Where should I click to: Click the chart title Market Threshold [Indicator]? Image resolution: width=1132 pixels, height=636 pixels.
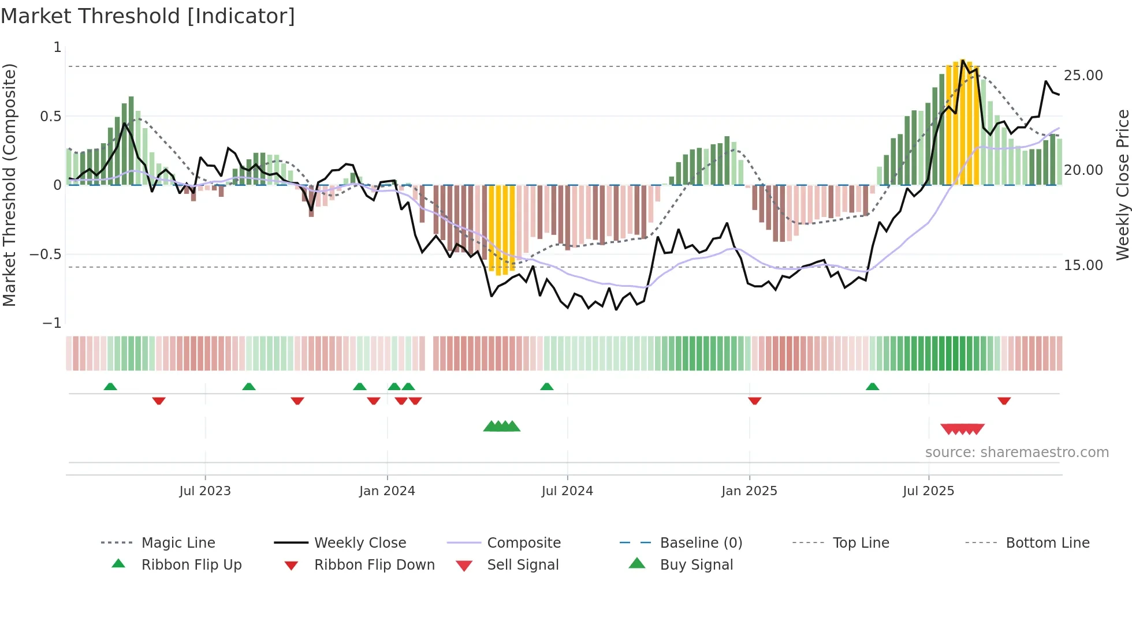click(x=148, y=16)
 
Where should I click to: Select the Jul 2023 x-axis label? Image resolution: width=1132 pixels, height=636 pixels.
click(x=204, y=491)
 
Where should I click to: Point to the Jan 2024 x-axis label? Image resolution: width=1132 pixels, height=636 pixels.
click(x=387, y=491)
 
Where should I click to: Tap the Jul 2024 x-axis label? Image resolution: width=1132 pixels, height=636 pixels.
click(x=567, y=491)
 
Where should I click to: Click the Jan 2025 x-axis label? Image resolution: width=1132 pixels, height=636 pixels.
click(x=749, y=491)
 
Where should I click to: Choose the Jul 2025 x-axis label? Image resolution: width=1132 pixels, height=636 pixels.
click(x=928, y=491)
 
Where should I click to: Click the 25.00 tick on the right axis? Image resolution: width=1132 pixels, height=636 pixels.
click(x=1083, y=76)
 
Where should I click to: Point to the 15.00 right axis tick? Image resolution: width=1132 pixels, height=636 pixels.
click(x=1083, y=265)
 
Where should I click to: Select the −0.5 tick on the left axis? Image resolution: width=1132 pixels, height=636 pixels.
click(x=46, y=255)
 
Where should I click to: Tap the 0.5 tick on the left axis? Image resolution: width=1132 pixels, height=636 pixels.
click(x=50, y=117)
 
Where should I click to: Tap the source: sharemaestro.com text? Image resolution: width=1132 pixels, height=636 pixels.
click(x=1016, y=452)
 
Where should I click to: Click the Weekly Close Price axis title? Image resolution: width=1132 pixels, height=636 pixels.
click(x=1122, y=185)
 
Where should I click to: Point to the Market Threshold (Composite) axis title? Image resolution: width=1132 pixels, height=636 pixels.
click(x=9, y=185)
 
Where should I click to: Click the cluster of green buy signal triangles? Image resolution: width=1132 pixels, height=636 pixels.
click(x=501, y=427)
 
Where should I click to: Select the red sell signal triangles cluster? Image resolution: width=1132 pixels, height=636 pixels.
click(x=962, y=429)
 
